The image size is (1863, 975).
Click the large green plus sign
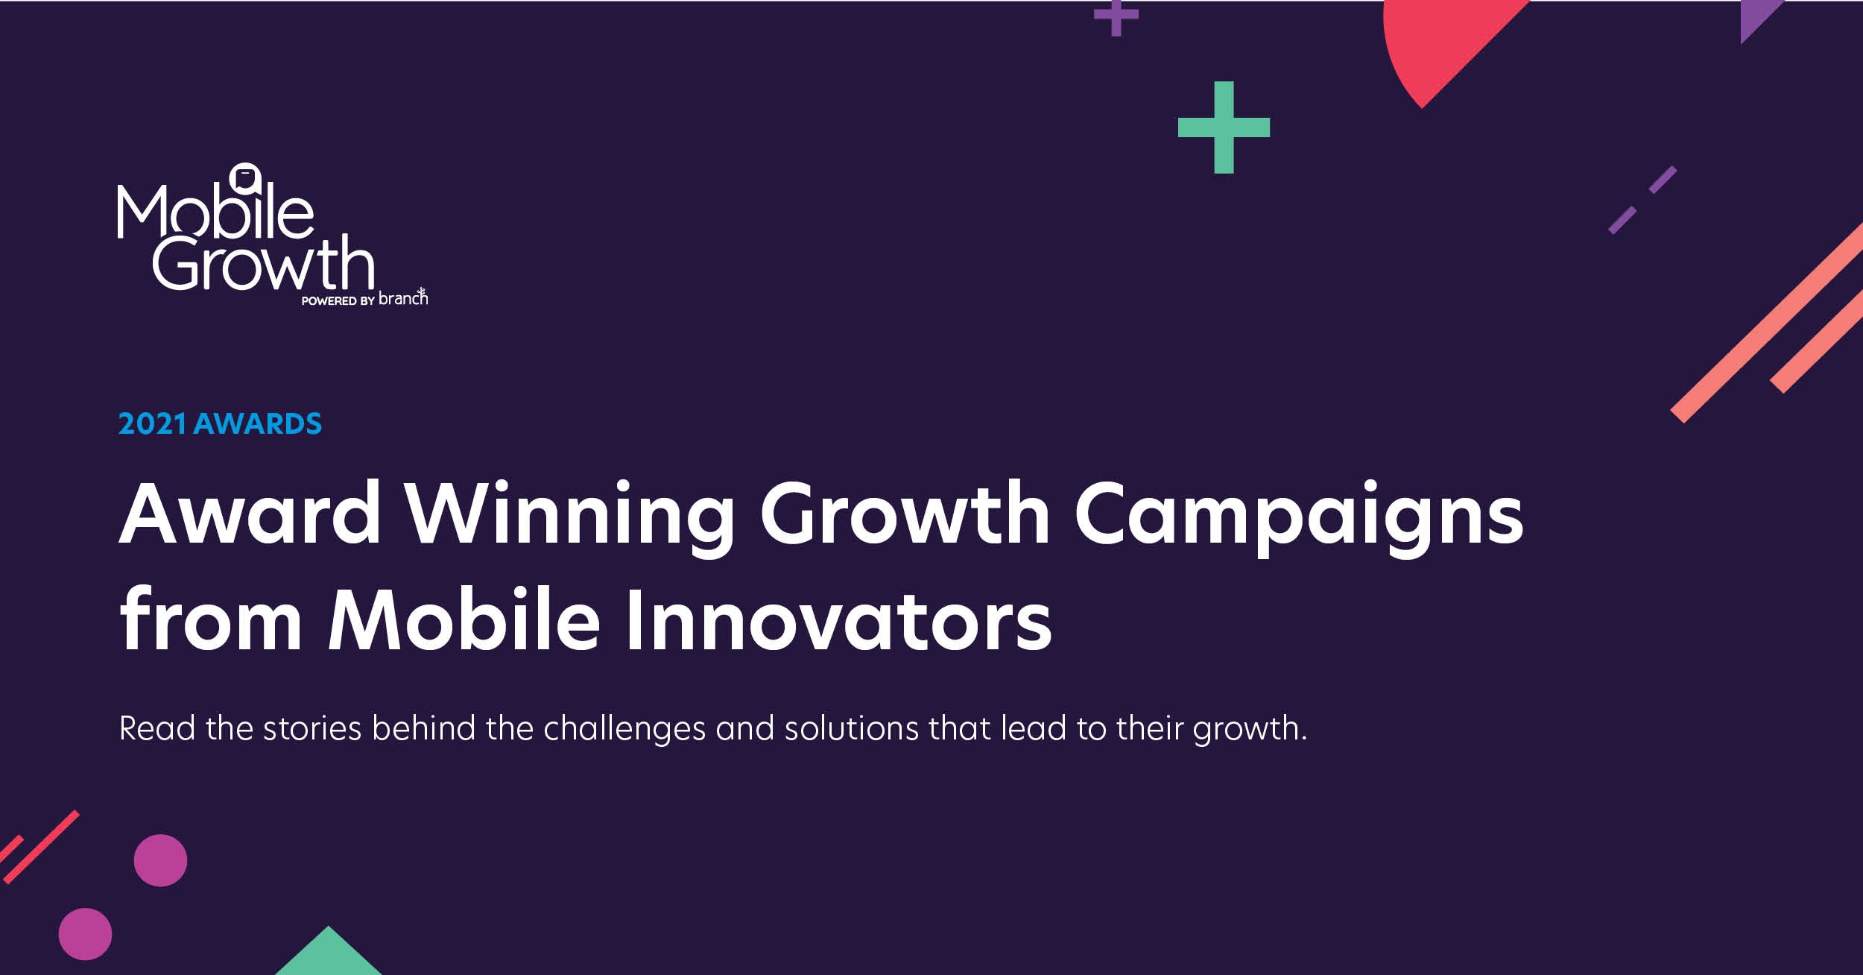(1224, 127)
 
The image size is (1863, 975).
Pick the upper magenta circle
(160, 860)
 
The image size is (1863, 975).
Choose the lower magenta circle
(85, 934)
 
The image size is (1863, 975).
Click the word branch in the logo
(403, 297)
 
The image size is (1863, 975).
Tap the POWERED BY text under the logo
(338, 301)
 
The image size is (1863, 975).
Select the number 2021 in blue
(153, 424)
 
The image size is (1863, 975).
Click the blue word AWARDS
(258, 424)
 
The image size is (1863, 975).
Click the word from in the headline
(211, 619)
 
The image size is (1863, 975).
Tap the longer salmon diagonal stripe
(1767, 323)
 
